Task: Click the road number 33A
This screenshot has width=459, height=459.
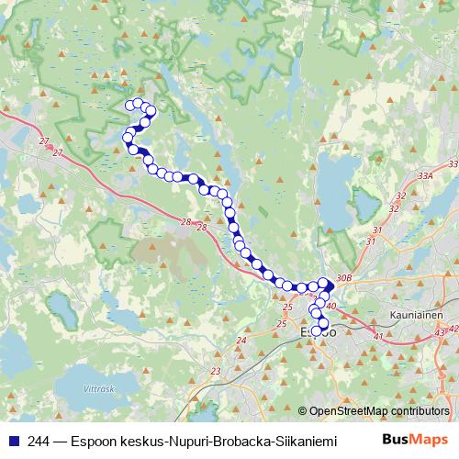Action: pyautogui.click(x=424, y=174)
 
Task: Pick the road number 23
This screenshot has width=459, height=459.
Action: pyautogui.click(x=216, y=371)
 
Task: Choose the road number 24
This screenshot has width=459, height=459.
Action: pyautogui.click(x=241, y=341)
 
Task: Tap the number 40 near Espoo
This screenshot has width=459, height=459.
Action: pyautogui.click(x=331, y=307)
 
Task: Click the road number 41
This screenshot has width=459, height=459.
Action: pyautogui.click(x=378, y=337)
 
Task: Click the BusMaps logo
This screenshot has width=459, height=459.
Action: pyautogui.click(x=415, y=440)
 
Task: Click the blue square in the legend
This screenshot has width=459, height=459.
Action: pyautogui.click(x=12, y=440)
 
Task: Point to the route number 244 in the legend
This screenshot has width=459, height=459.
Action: pyautogui.click(x=39, y=440)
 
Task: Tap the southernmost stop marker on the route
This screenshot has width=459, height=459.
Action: pyautogui.click(x=319, y=331)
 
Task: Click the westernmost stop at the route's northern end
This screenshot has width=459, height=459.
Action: pyautogui.click(x=129, y=106)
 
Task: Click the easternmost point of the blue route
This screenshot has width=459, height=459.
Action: pyautogui.click(x=331, y=285)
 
